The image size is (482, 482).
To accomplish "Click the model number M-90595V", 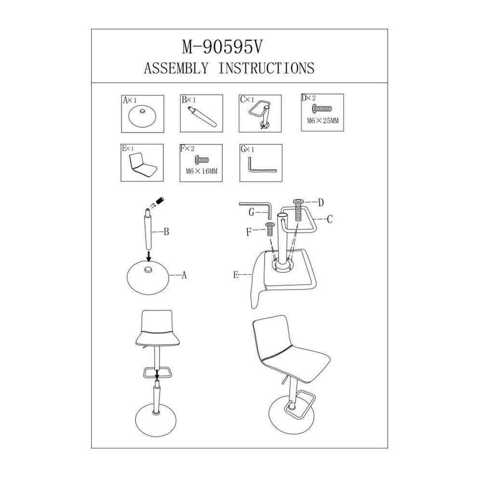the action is (x=222, y=48).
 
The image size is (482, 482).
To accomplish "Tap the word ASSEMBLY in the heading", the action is (x=176, y=68).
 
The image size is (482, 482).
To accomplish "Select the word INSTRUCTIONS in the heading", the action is (x=267, y=68).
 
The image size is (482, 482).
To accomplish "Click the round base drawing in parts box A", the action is (x=142, y=117).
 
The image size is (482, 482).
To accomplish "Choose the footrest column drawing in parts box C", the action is (x=260, y=114).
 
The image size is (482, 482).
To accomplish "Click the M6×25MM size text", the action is (x=323, y=120).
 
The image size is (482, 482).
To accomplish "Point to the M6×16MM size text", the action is (x=201, y=171).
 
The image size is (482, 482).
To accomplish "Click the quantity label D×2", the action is (x=308, y=98).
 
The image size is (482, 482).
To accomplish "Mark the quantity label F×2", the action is (x=187, y=149).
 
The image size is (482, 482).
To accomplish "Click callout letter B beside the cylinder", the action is (x=166, y=232).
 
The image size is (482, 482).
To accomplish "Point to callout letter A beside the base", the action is (x=184, y=275).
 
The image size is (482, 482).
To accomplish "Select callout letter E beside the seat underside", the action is (x=236, y=275).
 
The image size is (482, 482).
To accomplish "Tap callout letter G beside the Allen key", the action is (x=252, y=212).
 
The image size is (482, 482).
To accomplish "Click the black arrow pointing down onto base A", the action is (x=149, y=256).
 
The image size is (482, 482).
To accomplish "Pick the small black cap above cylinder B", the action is (x=160, y=201).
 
